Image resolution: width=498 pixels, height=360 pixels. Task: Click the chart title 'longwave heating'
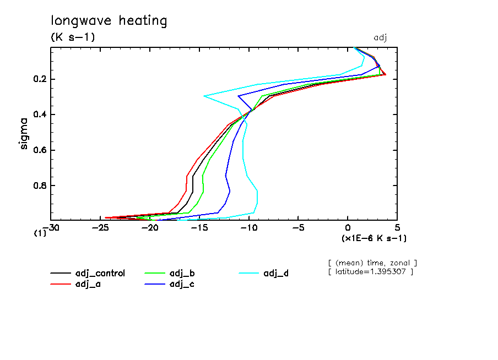pyautogui.click(x=109, y=21)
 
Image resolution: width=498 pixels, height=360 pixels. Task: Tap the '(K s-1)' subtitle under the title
pyautogui.click(x=73, y=37)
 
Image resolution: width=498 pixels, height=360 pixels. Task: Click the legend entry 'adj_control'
pyautogui.click(x=100, y=273)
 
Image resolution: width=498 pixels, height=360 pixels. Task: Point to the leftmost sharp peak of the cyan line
pyautogui.click(x=204, y=96)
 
